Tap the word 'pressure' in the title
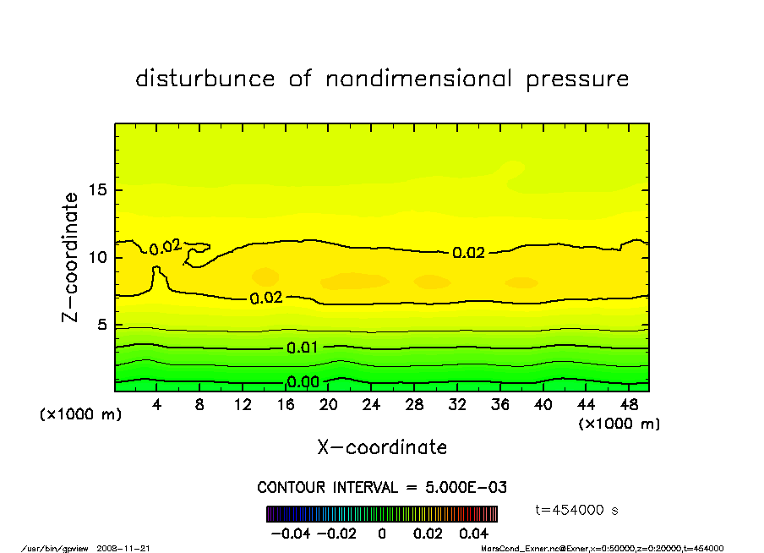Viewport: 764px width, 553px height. (x=578, y=80)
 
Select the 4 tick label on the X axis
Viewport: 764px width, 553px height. (x=157, y=404)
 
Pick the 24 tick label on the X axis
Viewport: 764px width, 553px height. (x=371, y=404)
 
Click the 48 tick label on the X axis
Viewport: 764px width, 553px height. (x=628, y=404)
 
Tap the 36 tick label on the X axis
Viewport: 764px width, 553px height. (x=499, y=404)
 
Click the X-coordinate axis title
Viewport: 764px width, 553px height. (x=382, y=447)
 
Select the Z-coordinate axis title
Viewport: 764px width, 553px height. (x=71, y=257)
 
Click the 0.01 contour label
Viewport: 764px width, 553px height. (x=303, y=348)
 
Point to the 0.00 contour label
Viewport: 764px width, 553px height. (x=303, y=381)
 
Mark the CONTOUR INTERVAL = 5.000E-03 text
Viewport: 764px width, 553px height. (x=382, y=488)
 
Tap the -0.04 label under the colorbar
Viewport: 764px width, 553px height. (x=285, y=534)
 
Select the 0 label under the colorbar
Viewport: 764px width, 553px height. (x=382, y=534)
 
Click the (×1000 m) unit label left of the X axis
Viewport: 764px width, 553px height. (x=76, y=416)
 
